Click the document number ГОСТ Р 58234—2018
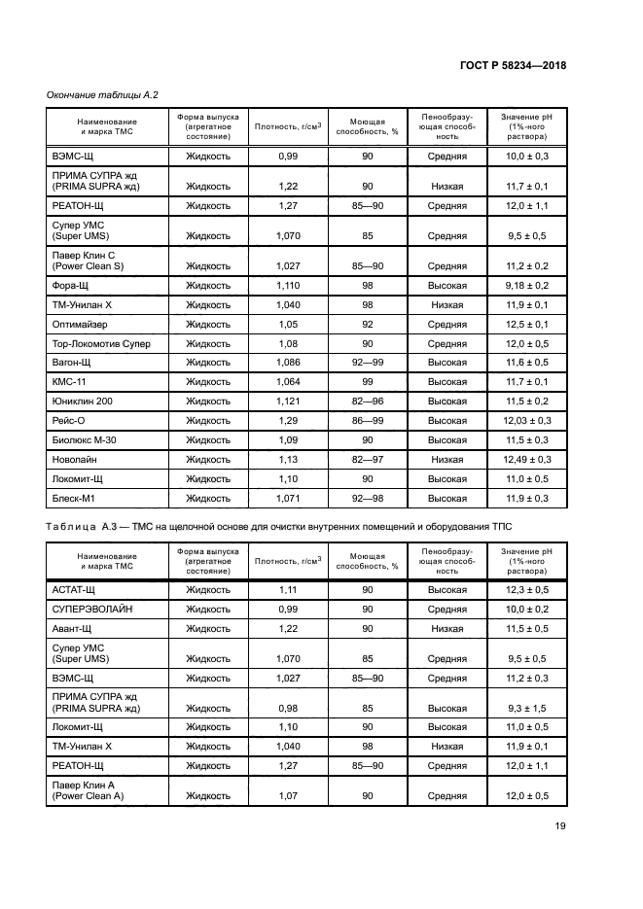[x=513, y=65]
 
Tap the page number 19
[x=560, y=827]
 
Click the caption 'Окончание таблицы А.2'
[x=102, y=94]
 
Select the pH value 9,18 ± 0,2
[x=526, y=285]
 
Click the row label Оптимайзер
[x=79, y=324]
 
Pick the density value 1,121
[x=288, y=401]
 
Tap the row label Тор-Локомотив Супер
[x=98, y=343]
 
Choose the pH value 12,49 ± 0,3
[x=526, y=459]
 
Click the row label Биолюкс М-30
[x=82, y=439]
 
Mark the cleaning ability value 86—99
[x=368, y=420]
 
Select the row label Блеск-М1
[x=72, y=498]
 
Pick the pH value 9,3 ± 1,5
[x=526, y=708]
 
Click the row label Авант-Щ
[x=71, y=629]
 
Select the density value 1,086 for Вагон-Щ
[x=288, y=363]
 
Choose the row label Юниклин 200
[x=82, y=401]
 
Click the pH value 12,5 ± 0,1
[x=526, y=324]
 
